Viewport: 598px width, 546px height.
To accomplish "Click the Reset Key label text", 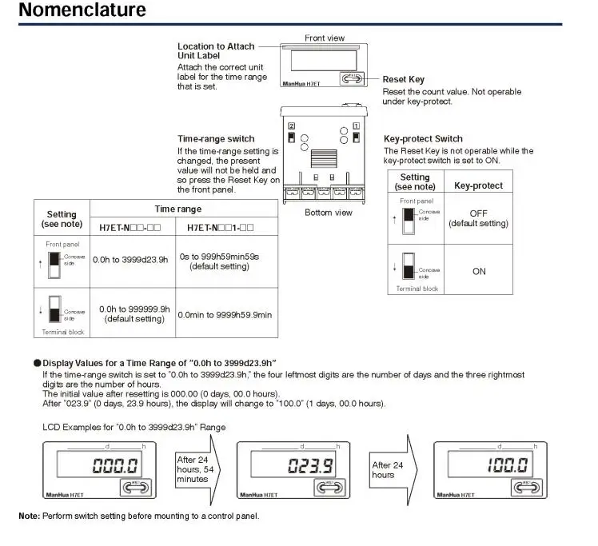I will pos(403,79).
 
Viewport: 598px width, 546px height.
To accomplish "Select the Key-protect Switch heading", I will pos(423,138).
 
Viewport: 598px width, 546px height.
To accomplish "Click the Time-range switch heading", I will pos(216,138).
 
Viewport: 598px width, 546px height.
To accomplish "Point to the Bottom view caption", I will pos(329,213).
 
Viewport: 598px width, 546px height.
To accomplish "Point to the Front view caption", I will pos(325,38).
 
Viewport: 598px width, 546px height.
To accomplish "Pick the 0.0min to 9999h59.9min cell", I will pos(225,315).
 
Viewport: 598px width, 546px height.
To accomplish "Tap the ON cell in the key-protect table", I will pos(479,271).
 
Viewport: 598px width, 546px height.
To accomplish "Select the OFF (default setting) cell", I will pos(479,219).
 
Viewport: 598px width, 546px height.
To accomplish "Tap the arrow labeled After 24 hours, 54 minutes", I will pos(199,468).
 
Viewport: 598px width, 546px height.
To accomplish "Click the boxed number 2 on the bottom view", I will pos(292,126).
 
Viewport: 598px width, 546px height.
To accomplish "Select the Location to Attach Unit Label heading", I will pos(216,51).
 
